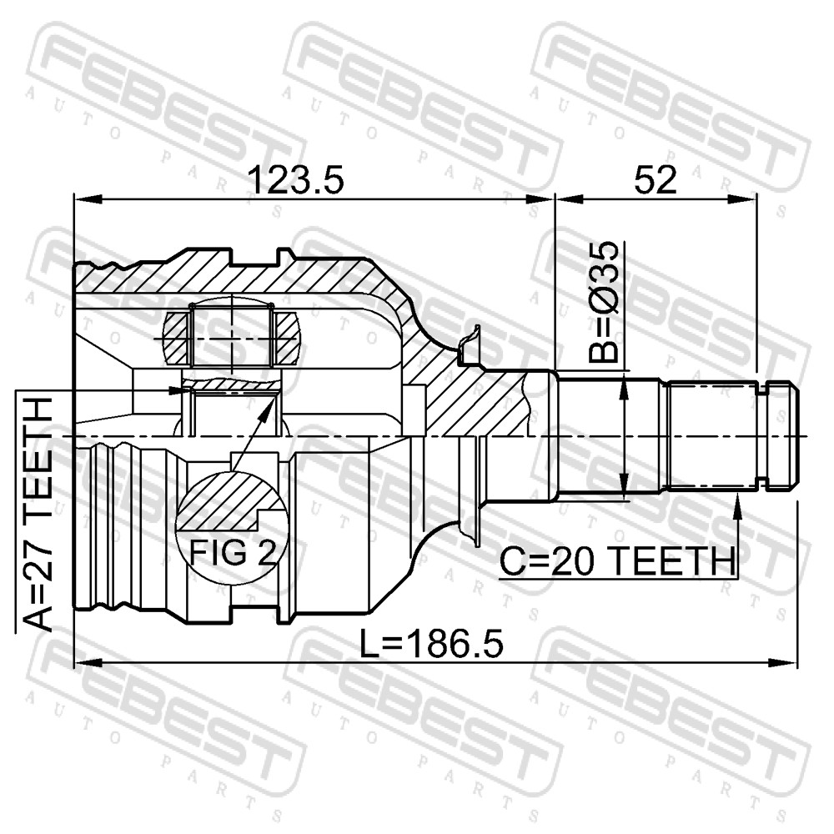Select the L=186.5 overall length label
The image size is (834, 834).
pyautogui.click(x=431, y=644)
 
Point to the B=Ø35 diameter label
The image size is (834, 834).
pyautogui.click(x=605, y=302)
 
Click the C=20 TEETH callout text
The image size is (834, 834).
pyautogui.click(x=617, y=561)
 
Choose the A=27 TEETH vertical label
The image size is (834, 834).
pyautogui.click(x=39, y=515)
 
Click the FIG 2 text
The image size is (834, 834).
pyautogui.click(x=233, y=552)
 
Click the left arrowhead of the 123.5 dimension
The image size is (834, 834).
pyautogui.click(x=88, y=199)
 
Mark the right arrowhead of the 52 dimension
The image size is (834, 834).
pyautogui.click(x=742, y=199)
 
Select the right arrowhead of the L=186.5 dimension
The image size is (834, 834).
pyautogui.click(x=784, y=663)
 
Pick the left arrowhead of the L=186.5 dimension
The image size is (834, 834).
pyautogui.click(x=88, y=663)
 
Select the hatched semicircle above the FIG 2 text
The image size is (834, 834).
pyautogui.click(x=229, y=500)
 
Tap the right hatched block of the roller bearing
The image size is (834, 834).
pyautogui.click(x=288, y=339)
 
